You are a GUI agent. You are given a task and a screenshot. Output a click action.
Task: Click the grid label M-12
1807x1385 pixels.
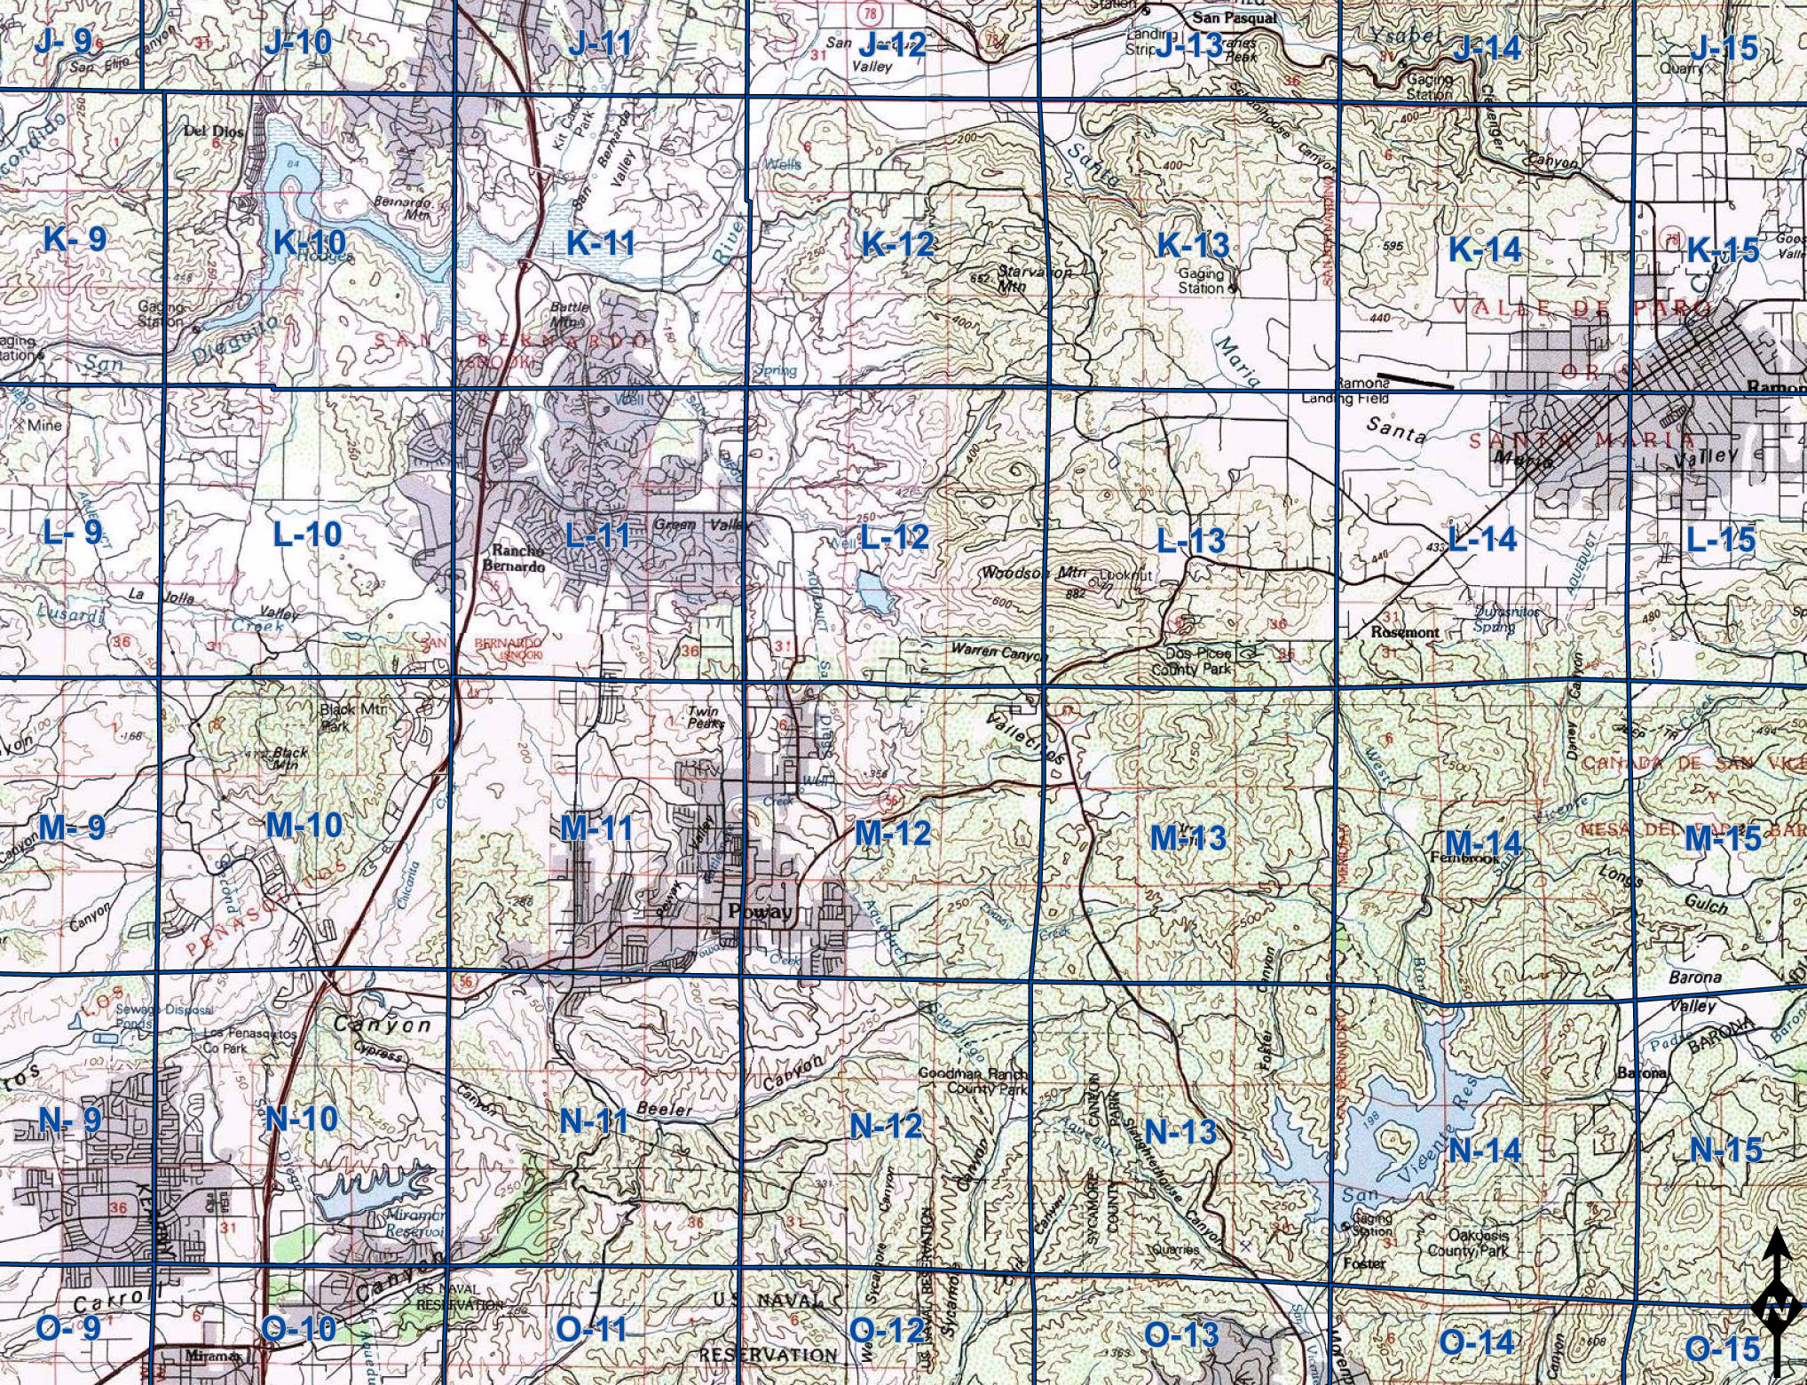[x=893, y=833]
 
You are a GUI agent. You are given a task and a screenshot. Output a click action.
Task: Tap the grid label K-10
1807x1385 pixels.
[x=310, y=241]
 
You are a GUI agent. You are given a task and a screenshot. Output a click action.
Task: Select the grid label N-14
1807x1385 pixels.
[x=1485, y=1151]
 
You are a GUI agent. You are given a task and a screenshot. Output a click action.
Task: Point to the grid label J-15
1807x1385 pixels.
[x=1724, y=47]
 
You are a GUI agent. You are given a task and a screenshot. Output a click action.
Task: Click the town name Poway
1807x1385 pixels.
[x=759, y=912]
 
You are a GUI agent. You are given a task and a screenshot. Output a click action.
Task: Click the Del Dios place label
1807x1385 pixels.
[x=208, y=131]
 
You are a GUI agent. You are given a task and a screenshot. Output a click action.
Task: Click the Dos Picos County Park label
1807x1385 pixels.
[x=1191, y=661]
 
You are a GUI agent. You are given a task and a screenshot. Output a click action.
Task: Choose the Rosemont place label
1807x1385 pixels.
[x=1405, y=632]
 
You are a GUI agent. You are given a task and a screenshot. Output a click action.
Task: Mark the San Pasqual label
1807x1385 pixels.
[x=1235, y=18]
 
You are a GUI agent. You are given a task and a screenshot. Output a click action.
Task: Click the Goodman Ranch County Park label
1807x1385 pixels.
[x=973, y=1080]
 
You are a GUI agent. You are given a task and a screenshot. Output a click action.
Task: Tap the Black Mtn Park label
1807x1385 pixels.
[x=347, y=716]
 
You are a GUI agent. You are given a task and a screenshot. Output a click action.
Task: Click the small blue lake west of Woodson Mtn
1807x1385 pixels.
[x=873, y=593]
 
